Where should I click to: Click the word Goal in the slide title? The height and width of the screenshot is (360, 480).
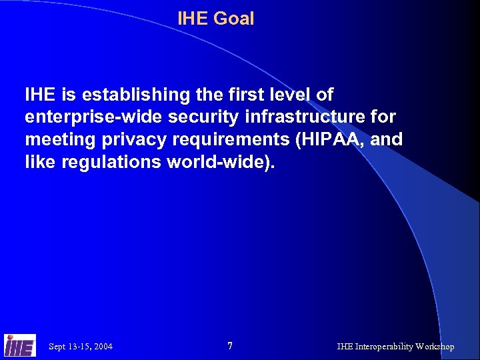coord(233,19)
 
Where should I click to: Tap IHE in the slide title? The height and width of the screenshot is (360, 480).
coord(193,19)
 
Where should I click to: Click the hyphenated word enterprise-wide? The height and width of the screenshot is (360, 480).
coord(89,117)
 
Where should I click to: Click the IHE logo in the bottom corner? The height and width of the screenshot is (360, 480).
coord(19,345)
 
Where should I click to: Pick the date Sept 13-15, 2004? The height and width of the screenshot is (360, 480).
coord(81,347)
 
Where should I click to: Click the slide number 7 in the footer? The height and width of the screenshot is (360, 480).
coord(230,346)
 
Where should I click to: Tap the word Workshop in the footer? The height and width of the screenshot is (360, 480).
coord(435,347)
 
